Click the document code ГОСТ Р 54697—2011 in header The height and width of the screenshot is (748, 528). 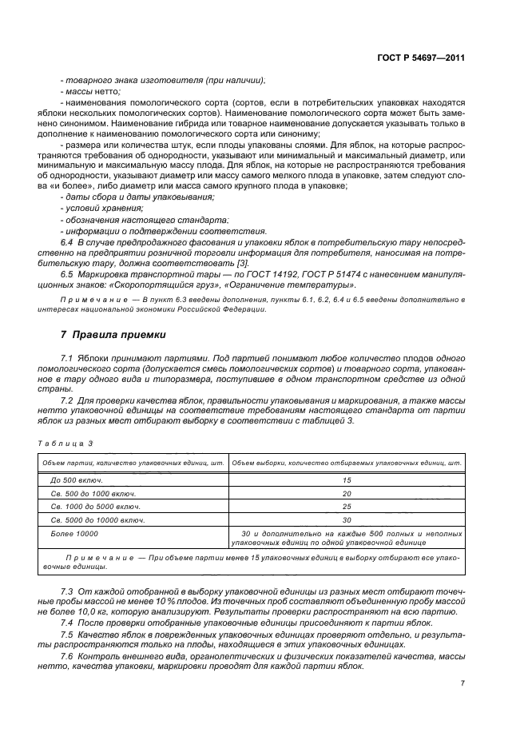coord(422,58)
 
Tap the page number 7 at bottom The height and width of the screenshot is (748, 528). coord(462,683)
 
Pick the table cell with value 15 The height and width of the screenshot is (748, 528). coord(346,480)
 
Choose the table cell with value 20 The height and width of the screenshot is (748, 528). coord(346,494)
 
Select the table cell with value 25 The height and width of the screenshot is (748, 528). coord(346,507)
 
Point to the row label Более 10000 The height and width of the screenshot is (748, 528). coord(74,533)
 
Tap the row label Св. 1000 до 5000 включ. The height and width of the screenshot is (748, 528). coord(93,507)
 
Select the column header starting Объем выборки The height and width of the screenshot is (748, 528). coord(346,462)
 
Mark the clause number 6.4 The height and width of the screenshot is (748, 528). coord(67,241)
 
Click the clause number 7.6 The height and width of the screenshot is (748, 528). coord(67,656)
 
